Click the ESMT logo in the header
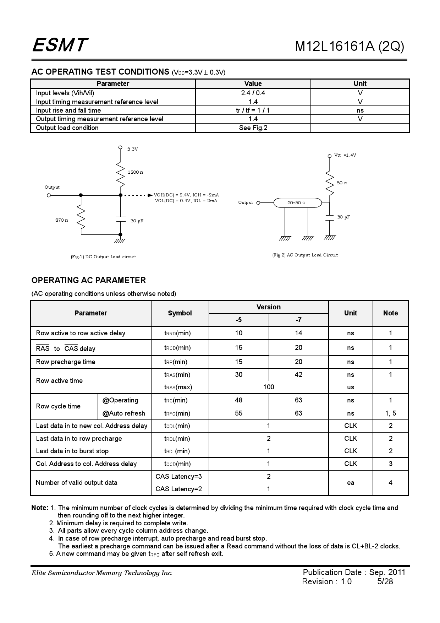click(60, 45)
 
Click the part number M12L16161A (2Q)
click(349, 47)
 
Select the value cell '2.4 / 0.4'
click(253, 93)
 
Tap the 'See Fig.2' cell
click(253, 128)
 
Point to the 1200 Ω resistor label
click(135, 172)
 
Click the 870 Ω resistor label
click(61, 220)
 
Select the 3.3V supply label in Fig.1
click(132, 149)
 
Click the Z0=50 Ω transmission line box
click(297, 203)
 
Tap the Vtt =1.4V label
click(345, 155)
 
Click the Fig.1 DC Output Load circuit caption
click(103, 257)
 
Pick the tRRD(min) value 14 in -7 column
click(298, 333)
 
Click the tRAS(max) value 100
click(268, 387)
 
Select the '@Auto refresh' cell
click(124, 413)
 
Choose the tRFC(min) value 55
click(238, 413)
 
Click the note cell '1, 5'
click(390, 413)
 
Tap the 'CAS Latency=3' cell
click(178, 477)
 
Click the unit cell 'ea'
click(350, 483)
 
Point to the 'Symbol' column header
click(180, 313)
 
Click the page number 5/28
click(385, 581)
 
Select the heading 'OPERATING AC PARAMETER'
click(89, 280)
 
